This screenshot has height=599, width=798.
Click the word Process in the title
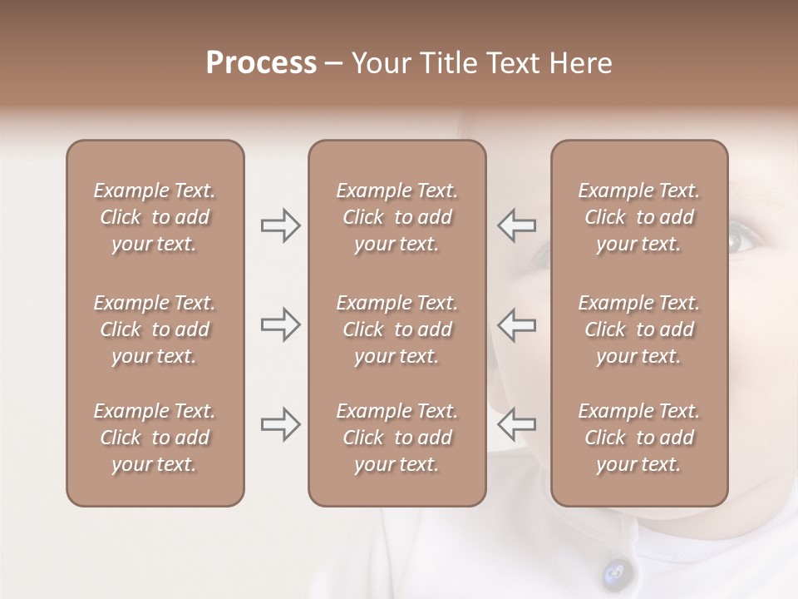[261, 63]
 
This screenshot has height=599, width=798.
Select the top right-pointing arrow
[281, 225]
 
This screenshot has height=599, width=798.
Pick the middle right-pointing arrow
[281, 324]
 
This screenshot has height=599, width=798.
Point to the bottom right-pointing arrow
[281, 424]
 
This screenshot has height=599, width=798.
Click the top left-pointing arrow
[516, 225]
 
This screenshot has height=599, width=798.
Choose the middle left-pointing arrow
[516, 324]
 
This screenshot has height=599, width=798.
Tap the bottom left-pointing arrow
[516, 424]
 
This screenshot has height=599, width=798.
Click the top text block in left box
[155, 217]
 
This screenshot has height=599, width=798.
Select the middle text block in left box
[155, 329]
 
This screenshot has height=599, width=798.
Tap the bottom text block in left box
[155, 438]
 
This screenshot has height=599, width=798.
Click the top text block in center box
[397, 217]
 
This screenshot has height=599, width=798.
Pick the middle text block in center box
[397, 329]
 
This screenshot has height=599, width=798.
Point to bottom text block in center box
[397, 438]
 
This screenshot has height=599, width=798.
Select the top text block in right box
[639, 217]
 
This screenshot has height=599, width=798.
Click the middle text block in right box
[639, 329]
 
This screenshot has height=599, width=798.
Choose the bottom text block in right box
[639, 438]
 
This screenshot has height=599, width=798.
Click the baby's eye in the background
[738, 241]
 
